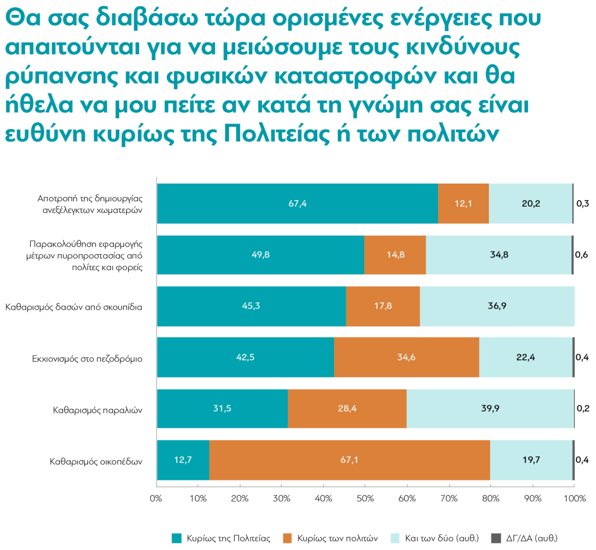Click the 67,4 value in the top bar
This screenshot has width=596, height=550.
click(x=298, y=204)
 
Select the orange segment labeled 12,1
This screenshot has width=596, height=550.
click(x=463, y=204)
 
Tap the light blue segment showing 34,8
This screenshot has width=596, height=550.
click(x=499, y=255)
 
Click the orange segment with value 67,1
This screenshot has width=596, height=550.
click(x=349, y=460)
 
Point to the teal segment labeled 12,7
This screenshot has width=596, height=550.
click(x=183, y=460)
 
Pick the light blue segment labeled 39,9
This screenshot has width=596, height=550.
click(x=490, y=408)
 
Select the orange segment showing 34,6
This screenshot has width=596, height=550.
click(x=406, y=357)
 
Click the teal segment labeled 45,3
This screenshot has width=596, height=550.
click(x=251, y=306)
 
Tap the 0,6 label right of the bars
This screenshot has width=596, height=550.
click(x=582, y=255)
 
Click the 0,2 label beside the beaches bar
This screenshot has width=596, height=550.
click(x=583, y=408)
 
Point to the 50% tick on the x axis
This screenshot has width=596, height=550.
click(x=365, y=498)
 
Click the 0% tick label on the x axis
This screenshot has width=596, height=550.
click(x=156, y=498)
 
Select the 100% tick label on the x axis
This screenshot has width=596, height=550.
click(x=575, y=498)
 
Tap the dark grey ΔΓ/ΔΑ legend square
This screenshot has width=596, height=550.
click(x=496, y=538)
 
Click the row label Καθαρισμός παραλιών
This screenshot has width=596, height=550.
click(x=98, y=410)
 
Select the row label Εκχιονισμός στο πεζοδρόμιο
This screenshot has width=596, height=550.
click(x=87, y=359)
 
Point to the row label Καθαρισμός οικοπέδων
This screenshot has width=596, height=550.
click(x=96, y=462)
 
